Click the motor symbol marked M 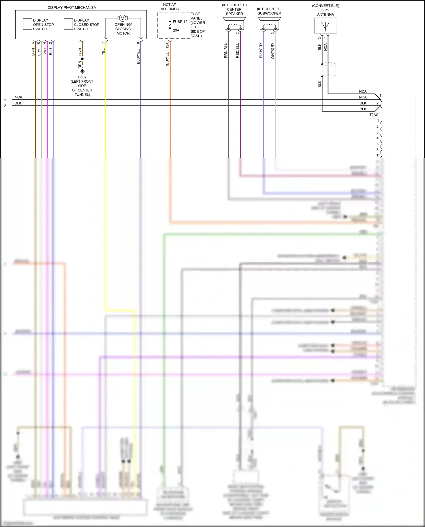(x=122, y=18)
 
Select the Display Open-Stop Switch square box (x=27, y=24)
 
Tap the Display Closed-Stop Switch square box (x=68, y=24)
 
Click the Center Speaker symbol (x=234, y=24)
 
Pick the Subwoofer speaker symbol (x=269, y=24)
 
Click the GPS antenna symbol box (x=326, y=26)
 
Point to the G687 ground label (x=82, y=77)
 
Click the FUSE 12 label (x=180, y=22)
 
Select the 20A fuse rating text (x=176, y=30)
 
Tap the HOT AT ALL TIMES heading (x=169, y=7)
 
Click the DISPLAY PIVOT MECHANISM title (x=72, y=8)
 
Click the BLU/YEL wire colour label (x=138, y=57)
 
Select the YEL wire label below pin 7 (x=103, y=52)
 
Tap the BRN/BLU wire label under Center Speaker (x=226, y=50)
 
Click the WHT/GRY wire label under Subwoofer (x=273, y=51)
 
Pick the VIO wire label (x=45, y=52)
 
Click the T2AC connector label (x=374, y=115)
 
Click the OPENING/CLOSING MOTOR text (x=123, y=29)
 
